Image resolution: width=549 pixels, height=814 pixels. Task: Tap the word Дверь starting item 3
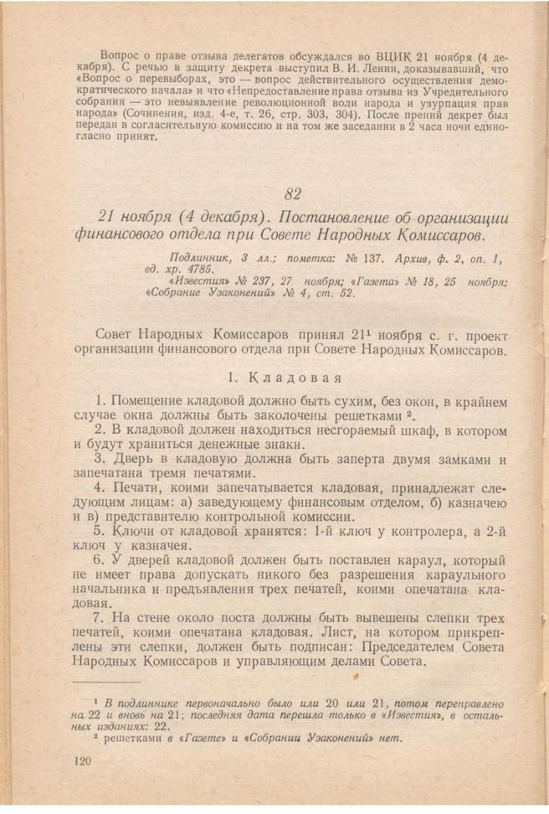point(131,459)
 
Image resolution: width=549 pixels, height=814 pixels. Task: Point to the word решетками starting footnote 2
point(137,738)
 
